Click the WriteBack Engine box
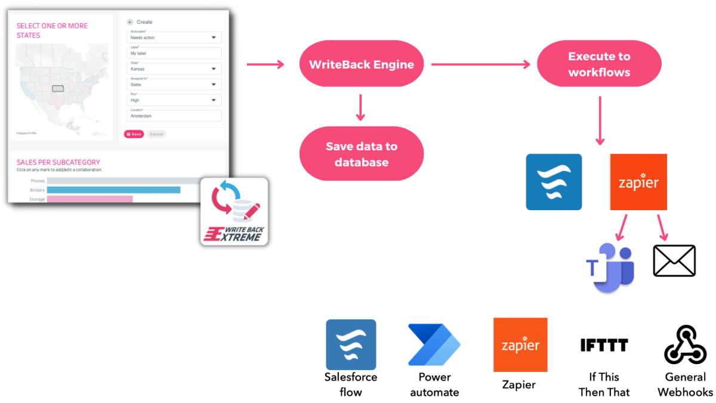point(361,65)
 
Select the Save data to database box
point(361,154)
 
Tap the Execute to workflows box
point(599,64)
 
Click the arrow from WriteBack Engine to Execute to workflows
point(480,64)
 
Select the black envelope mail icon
point(674,261)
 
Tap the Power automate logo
point(434,345)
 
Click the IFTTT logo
point(604,345)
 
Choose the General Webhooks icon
point(685,345)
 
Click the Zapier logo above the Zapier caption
point(520,345)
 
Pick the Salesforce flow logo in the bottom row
point(351,345)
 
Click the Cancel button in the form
point(156,134)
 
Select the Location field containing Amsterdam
point(175,116)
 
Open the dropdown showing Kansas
point(175,69)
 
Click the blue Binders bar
point(113,190)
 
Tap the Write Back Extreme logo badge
point(234,211)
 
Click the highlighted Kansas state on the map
point(58,88)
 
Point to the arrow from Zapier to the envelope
point(663,226)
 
